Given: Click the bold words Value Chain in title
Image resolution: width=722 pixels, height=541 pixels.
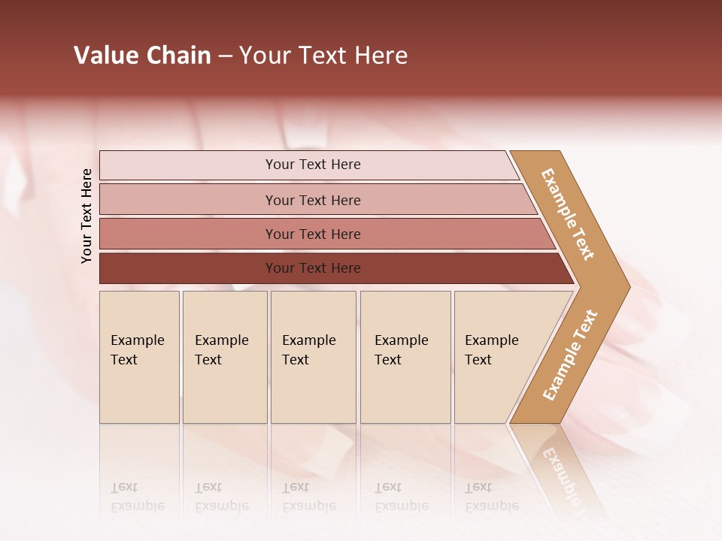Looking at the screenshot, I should click(142, 56).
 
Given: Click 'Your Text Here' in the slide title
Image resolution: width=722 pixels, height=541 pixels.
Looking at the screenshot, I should click(323, 56).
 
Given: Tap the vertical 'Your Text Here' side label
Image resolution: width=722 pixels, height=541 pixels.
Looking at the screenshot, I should click(86, 216).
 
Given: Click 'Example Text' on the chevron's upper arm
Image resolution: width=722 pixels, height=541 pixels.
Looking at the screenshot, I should click(568, 214).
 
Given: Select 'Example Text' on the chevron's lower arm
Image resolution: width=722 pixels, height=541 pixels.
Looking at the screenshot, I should click(570, 355).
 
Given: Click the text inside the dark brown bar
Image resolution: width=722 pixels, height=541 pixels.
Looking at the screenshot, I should click(313, 268).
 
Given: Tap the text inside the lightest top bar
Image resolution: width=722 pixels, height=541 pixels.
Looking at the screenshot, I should click(313, 165).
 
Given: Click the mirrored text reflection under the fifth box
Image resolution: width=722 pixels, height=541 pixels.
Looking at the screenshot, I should click(491, 497).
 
